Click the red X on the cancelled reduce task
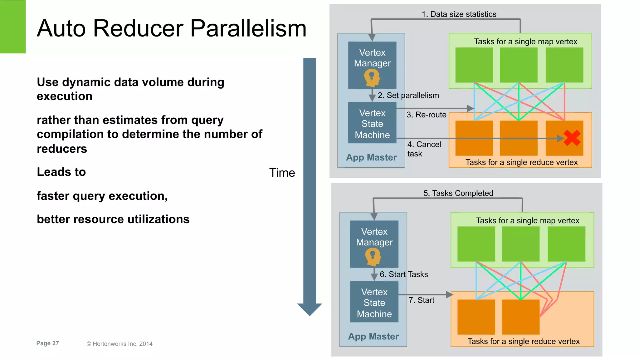pyautogui.click(x=572, y=138)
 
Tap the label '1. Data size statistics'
pyautogui.click(x=459, y=14)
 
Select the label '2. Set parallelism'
pyautogui.click(x=408, y=96)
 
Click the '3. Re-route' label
pyautogui.click(x=426, y=115)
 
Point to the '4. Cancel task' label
pyautogui.click(x=424, y=149)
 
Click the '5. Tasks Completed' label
pyautogui.click(x=458, y=193)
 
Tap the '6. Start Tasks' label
pyautogui.click(x=404, y=274)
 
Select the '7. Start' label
pyautogui.click(x=421, y=300)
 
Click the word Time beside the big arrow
pyautogui.click(x=282, y=173)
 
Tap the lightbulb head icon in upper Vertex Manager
pyautogui.click(x=372, y=78)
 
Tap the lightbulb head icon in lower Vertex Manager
pyautogui.click(x=373, y=257)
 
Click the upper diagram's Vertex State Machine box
pyautogui.click(x=372, y=124)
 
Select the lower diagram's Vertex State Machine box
pyautogui.click(x=374, y=303)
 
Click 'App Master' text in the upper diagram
pyautogui.click(x=371, y=157)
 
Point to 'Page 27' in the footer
pyautogui.click(x=47, y=343)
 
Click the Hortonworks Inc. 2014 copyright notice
pyautogui.click(x=120, y=344)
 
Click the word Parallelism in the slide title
pyautogui.click(x=248, y=28)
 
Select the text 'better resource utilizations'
pyautogui.click(x=113, y=219)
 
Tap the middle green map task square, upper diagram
pyautogui.click(x=519, y=65)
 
